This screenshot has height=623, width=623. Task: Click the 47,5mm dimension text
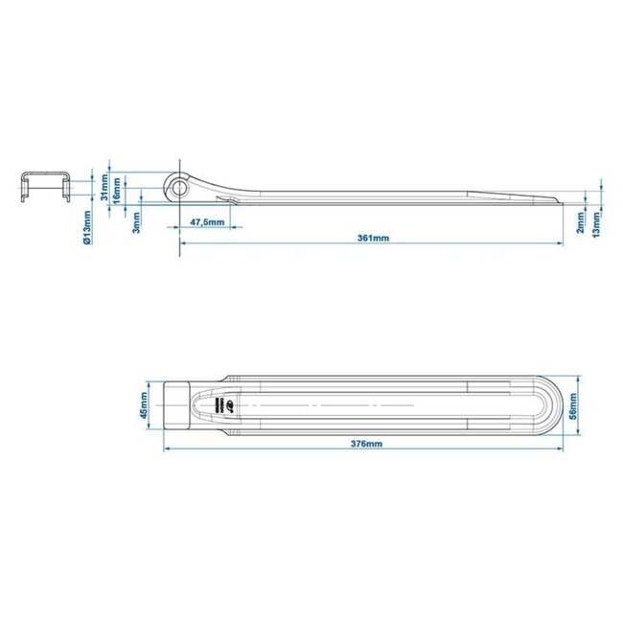[207, 222]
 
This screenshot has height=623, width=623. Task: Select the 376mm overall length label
[367, 444]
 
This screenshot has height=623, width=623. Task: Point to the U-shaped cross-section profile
[45, 186]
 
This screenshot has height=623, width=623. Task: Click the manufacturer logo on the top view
[219, 405]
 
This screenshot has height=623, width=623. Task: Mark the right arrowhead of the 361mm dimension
[563, 242]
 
